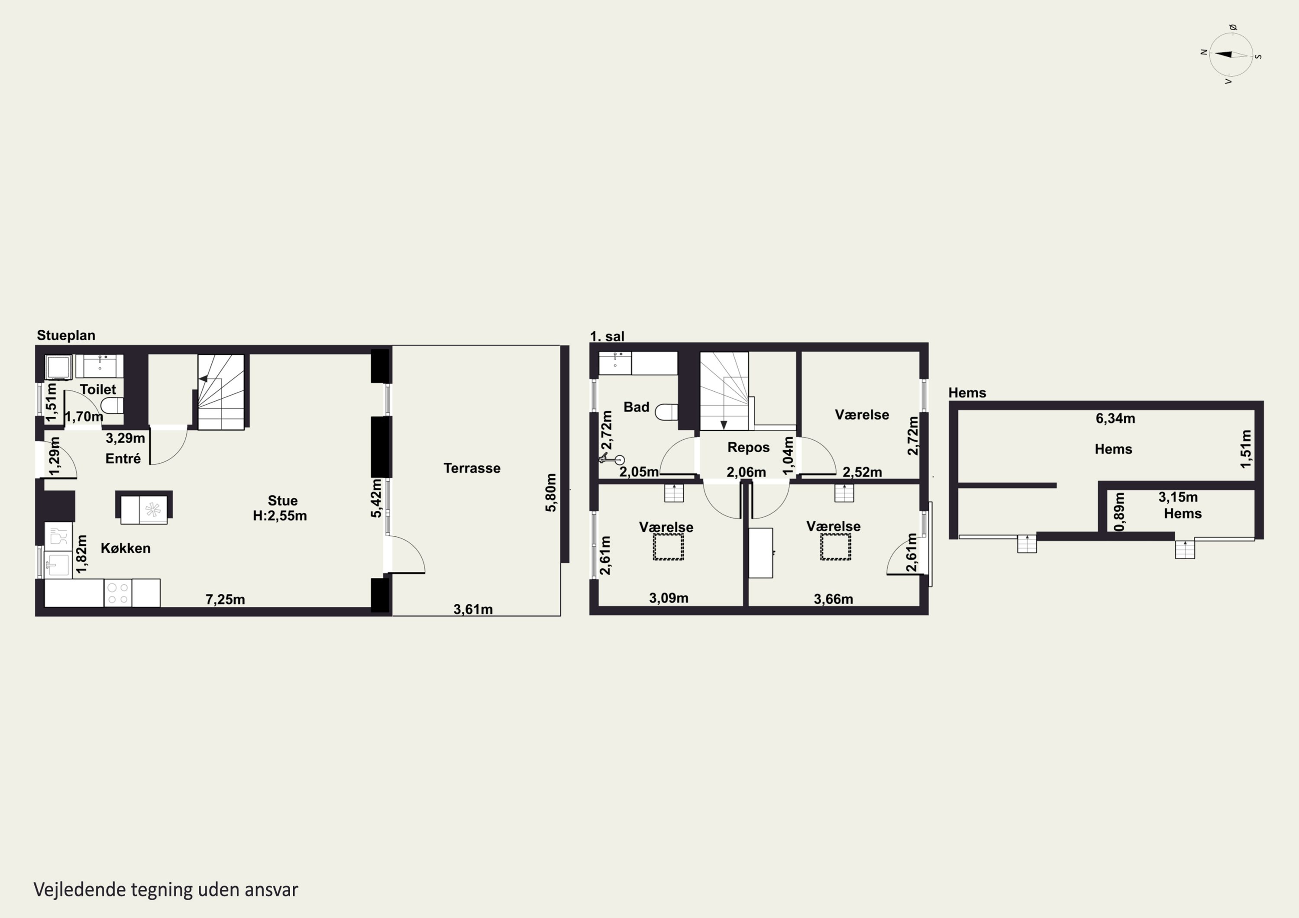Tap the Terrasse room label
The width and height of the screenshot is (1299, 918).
click(x=472, y=468)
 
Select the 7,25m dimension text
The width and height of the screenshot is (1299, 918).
click(x=225, y=599)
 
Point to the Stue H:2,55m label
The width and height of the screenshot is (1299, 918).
click(x=281, y=508)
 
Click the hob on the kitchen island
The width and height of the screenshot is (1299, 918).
click(x=153, y=509)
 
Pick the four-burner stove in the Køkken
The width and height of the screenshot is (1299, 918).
click(x=118, y=593)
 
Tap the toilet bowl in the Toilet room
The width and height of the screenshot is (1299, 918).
click(x=112, y=405)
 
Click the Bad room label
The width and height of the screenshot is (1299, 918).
click(x=636, y=407)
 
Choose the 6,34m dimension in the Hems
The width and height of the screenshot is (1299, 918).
click(x=1115, y=418)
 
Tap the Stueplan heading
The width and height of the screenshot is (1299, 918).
click(x=66, y=335)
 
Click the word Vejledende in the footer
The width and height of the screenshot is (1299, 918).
click(x=80, y=890)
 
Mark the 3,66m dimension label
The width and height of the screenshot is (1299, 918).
click(x=834, y=599)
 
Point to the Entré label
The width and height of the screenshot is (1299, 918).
click(x=123, y=458)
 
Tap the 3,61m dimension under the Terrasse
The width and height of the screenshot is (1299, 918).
click(x=473, y=609)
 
